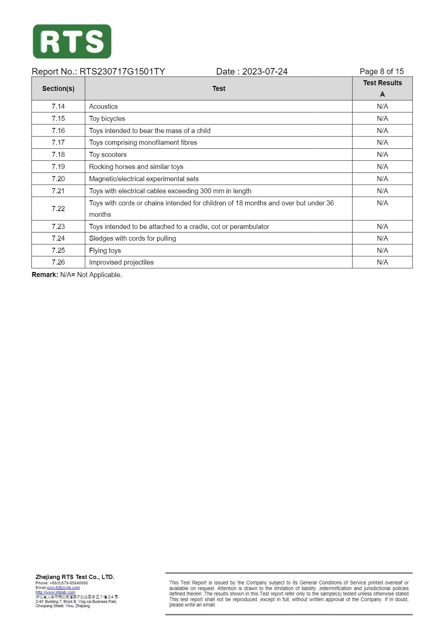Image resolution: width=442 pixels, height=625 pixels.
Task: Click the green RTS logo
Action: (72, 41)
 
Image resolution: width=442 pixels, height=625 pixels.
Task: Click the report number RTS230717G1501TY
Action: (122, 72)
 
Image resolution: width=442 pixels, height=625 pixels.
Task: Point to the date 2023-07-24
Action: (264, 72)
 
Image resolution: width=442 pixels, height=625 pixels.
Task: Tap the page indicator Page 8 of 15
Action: (381, 72)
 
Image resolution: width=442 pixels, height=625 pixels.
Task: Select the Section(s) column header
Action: (58, 88)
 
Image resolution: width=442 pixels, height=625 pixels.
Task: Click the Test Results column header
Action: (382, 83)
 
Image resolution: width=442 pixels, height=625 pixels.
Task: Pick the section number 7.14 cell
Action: (58, 106)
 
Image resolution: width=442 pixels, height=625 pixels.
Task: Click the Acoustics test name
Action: (103, 106)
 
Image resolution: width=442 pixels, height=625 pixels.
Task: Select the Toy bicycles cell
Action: (107, 118)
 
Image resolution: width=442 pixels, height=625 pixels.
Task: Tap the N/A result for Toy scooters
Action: (382, 154)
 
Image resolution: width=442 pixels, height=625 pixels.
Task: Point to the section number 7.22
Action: (58, 209)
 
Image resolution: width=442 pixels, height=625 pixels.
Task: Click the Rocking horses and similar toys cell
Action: (136, 167)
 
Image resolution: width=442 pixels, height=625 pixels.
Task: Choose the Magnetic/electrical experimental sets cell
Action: (144, 179)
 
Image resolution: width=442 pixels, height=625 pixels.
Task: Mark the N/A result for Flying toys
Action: (382, 250)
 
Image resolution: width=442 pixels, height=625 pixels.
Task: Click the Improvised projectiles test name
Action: (121, 262)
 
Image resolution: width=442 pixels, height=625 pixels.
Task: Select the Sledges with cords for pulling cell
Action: (132, 238)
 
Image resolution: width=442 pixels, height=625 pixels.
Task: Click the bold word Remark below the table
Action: (45, 275)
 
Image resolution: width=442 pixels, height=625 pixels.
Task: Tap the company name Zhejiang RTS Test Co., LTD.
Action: (75, 577)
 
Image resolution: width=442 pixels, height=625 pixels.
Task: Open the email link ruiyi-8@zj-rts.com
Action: (63, 588)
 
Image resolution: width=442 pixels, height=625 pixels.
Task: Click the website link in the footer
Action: (55, 592)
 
